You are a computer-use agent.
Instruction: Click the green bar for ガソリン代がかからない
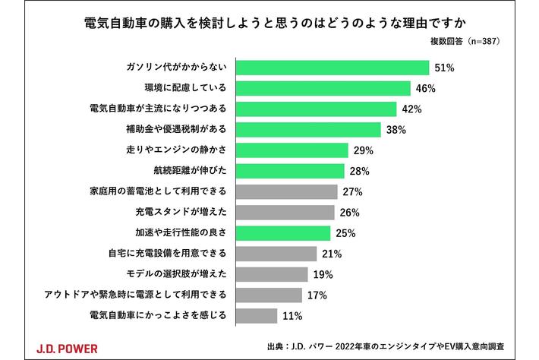[334, 68]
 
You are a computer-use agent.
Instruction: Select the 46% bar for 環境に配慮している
[325, 88]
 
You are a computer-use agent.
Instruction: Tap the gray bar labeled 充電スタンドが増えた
[287, 212]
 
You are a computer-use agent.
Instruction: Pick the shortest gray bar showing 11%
[260, 314]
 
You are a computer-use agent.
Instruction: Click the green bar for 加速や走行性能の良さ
[285, 232]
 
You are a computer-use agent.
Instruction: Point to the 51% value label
[444, 68]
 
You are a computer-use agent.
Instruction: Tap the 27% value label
[352, 191]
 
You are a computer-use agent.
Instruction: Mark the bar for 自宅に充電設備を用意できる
[278, 253]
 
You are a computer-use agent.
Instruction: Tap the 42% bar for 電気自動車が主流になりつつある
[318, 109]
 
